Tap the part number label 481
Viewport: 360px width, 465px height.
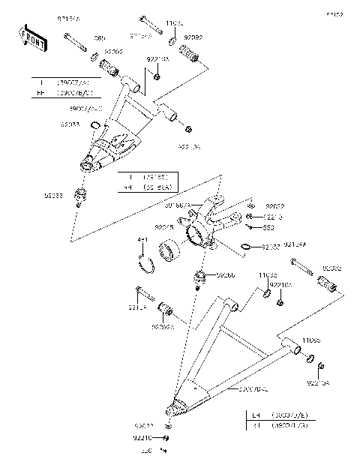tap(142, 241)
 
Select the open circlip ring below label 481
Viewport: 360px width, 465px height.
tap(148, 264)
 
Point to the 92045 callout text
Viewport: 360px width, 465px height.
tap(165, 225)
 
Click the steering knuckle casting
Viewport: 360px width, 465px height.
tap(210, 221)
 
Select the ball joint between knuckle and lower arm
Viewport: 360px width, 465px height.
tap(200, 279)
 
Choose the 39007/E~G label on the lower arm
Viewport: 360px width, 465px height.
tap(253, 389)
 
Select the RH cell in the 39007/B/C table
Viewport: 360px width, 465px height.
tap(38, 93)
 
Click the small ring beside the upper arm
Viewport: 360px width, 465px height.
tap(94, 124)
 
